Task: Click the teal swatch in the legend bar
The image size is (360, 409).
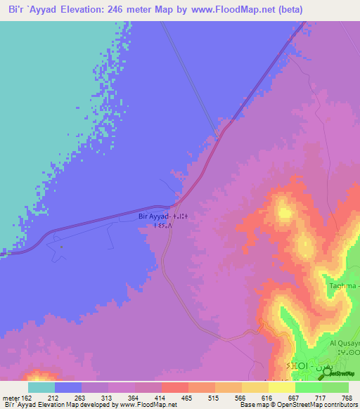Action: point(41,387)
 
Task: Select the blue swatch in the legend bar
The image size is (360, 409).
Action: point(68,387)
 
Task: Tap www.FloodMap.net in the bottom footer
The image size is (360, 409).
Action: point(148,405)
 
